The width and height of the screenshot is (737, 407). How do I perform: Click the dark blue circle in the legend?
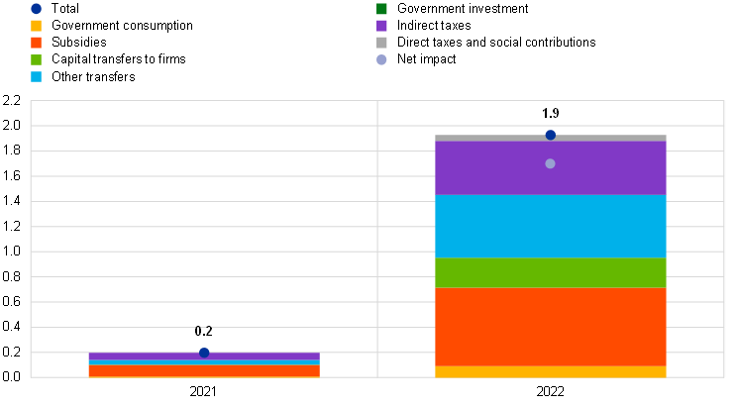36,9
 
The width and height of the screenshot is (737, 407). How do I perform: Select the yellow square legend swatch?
36,26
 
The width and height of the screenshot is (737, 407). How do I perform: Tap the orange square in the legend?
36,43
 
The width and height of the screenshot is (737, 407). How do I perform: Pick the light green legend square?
36,59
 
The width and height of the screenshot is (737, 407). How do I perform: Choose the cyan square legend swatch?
36,76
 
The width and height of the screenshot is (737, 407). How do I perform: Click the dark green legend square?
381,9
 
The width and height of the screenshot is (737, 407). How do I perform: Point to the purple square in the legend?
381,26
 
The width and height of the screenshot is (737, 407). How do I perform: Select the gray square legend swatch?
381,43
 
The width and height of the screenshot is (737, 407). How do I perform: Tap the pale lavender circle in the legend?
381,59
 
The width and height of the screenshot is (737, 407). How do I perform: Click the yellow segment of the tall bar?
551,372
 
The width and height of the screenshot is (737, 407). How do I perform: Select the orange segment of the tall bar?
551,327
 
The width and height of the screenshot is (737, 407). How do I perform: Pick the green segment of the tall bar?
551,272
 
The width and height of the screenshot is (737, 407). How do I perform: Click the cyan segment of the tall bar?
551,226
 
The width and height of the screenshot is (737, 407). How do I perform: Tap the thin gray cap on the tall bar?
495,138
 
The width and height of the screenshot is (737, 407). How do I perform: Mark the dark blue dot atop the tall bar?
551,135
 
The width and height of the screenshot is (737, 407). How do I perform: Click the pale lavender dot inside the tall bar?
550,163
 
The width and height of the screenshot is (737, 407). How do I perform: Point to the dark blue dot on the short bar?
204,353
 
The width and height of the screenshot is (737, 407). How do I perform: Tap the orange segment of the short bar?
204,371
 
